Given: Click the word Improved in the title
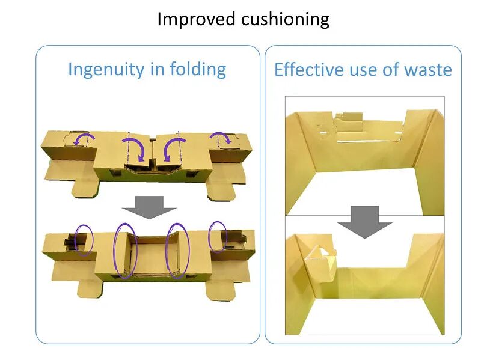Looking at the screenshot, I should tap(197, 19).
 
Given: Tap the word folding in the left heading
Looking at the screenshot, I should tap(197, 69).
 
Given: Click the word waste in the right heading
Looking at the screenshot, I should tap(427, 70).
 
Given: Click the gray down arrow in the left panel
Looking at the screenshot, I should tap(149, 207).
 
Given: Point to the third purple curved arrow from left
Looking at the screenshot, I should tap(175, 147).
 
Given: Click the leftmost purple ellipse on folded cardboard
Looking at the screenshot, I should tap(84, 239).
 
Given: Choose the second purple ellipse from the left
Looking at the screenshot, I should tap(125, 251).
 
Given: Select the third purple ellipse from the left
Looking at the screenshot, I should tap(178, 251).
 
